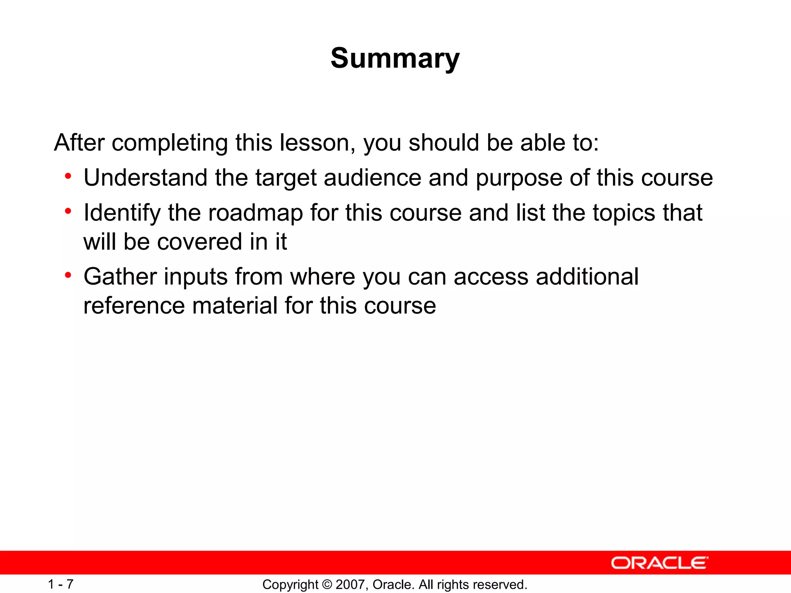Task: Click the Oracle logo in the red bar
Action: [x=660, y=563]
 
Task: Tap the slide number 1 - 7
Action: [x=61, y=584]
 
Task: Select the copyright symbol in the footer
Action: [x=327, y=585]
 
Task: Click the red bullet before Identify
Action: [x=68, y=212]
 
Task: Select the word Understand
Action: [x=146, y=178]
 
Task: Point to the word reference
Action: [x=134, y=306]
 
